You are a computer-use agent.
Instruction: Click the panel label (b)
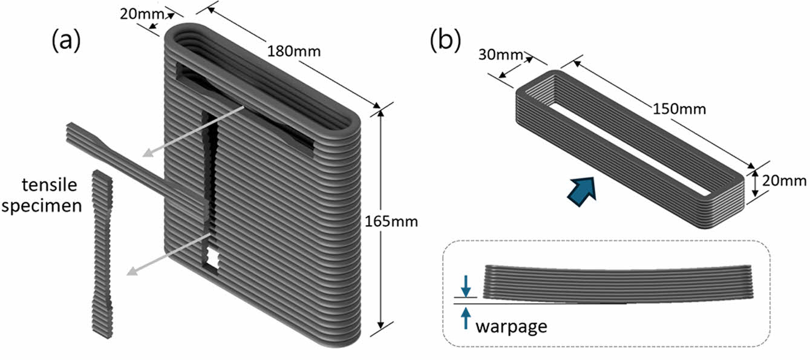click(x=445, y=40)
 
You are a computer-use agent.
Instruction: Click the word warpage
click(x=511, y=327)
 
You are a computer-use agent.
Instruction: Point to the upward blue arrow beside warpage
click(x=465, y=317)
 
